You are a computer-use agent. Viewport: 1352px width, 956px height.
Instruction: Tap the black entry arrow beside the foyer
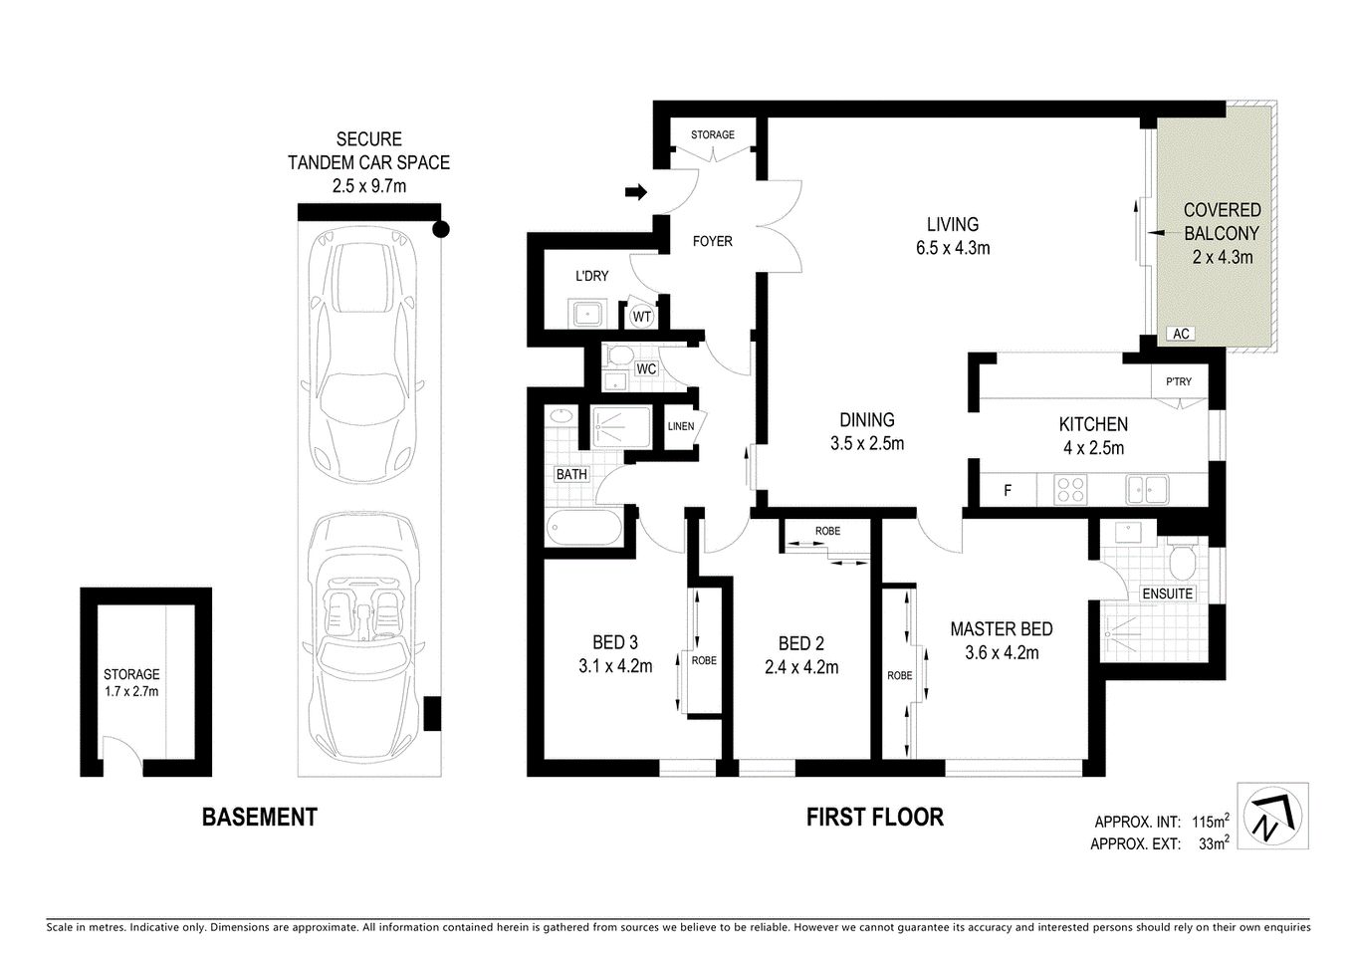click(636, 191)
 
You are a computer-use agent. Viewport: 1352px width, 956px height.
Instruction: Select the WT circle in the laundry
click(642, 317)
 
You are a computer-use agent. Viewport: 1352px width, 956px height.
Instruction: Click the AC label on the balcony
click(1181, 334)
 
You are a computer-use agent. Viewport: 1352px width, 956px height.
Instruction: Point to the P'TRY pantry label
click(1178, 381)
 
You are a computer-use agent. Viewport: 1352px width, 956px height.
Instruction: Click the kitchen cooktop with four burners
click(1070, 490)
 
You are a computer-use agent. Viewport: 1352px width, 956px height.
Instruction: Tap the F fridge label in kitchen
click(1008, 490)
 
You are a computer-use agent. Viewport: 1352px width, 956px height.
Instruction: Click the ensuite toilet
click(1184, 565)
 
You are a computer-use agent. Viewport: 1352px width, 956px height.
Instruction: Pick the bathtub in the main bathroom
click(584, 526)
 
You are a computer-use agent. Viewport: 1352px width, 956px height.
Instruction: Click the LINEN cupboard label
click(680, 426)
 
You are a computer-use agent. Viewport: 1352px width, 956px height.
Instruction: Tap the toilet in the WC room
click(618, 357)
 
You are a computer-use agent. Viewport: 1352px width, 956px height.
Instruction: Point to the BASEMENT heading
click(259, 818)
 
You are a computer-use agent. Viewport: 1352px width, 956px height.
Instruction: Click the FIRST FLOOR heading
click(874, 818)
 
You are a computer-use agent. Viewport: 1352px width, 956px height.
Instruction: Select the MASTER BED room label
click(1001, 629)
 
